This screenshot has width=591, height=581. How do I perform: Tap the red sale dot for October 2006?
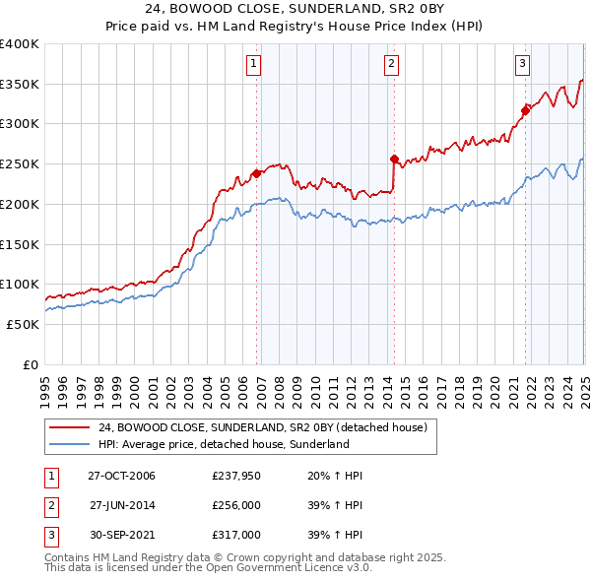pyautogui.click(x=257, y=173)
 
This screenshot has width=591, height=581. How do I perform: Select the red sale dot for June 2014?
pyautogui.click(x=394, y=159)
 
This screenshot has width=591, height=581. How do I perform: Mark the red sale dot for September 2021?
pyautogui.click(x=525, y=110)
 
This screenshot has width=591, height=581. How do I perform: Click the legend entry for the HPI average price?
pyautogui.click(x=224, y=445)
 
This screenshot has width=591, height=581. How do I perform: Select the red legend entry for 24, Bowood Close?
pyautogui.click(x=261, y=428)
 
